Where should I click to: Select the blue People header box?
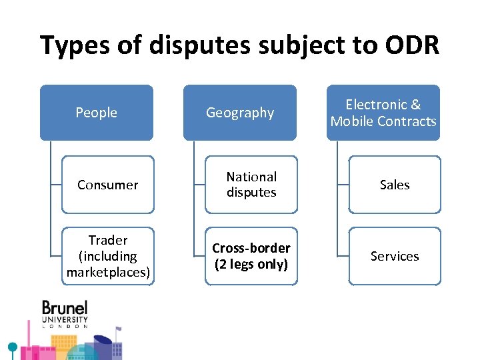97,113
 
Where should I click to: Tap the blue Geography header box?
240,113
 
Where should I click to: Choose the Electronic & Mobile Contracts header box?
383,113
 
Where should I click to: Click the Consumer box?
108,185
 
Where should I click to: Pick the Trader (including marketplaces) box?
108,256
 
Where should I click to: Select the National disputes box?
251,185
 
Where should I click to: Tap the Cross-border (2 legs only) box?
251,256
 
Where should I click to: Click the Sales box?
395,185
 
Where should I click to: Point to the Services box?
395,256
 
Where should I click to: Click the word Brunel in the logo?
65,308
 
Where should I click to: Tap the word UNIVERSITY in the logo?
65,320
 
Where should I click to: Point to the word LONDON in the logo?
65,327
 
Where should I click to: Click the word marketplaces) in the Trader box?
108,272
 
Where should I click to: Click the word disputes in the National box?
251,193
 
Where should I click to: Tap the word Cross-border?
251,248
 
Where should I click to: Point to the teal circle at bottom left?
12,347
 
